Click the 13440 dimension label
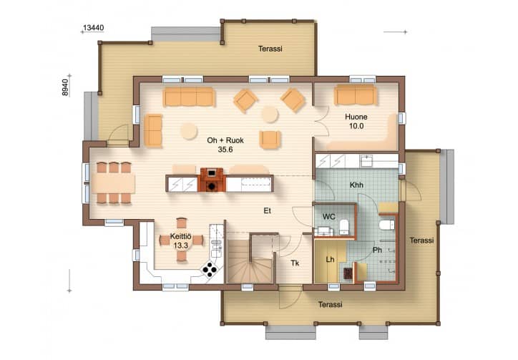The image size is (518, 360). click(x=93, y=28)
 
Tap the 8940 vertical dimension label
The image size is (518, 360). click(x=65, y=87)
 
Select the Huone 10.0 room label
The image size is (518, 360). click(x=356, y=122)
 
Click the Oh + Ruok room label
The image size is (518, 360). click(x=225, y=140)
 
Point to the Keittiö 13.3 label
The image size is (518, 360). click(x=181, y=240)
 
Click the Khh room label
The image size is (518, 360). click(x=356, y=185)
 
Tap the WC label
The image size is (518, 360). click(x=328, y=217)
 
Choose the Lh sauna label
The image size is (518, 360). click(x=330, y=260)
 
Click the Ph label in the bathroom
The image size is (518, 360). click(x=377, y=250)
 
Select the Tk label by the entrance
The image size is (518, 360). click(x=295, y=263)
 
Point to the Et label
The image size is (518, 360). click(x=268, y=210)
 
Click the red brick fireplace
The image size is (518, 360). click(x=212, y=180)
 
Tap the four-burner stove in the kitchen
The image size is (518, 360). click(x=210, y=269)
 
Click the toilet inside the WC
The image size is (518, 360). click(x=345, y=226)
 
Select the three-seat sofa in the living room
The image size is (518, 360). click(x=189, y=97)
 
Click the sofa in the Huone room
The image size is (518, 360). click(x=356, y=94)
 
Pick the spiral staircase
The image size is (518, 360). click(x=250, y=261)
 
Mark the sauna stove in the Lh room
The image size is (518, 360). click(x=348, y=273)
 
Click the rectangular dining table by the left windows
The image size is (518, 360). click(x=113, y=183)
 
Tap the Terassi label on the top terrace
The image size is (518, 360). click(x=270, y=49)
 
